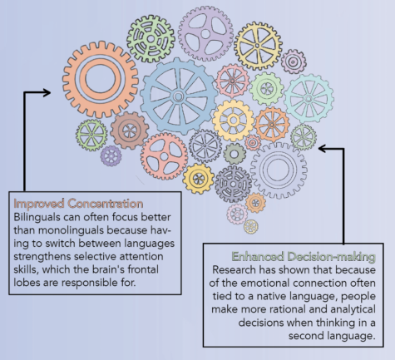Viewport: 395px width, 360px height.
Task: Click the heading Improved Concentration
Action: coord(78,204)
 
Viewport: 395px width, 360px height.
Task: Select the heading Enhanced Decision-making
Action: coord(304,257)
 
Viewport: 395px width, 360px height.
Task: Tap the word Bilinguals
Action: coord(37,217)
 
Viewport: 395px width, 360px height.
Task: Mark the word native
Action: coord(272,296)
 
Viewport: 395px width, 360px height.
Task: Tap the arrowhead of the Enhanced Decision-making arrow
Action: coord(322,149)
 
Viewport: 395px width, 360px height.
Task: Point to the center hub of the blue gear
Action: coord(178,96)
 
